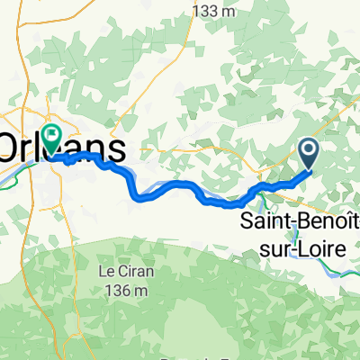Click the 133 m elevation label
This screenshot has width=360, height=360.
[215, 12]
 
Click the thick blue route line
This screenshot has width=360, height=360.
[180, 185]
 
